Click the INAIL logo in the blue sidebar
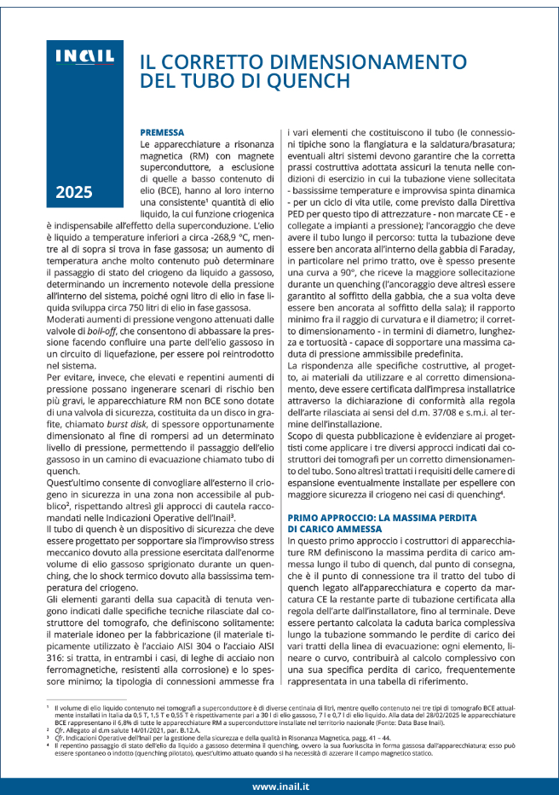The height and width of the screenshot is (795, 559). tap(84, 57)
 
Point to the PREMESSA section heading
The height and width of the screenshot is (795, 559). tap(162, 133)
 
